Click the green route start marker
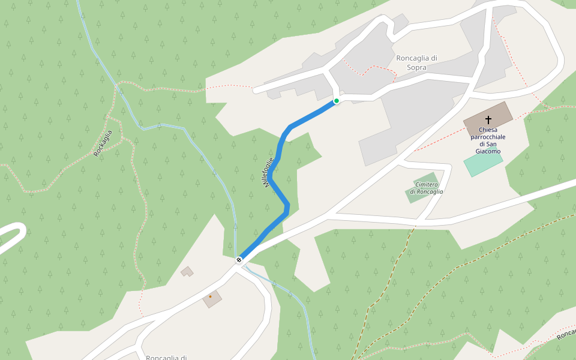tap(337, 101)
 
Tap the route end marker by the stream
tap(239, 260)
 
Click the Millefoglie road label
tap(269, 172)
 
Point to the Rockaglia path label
tap(103, 143)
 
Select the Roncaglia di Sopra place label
tap(416, 62)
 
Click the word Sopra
tap(416, 68)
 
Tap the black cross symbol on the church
tap(488, 119)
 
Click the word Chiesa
tap(488, 130)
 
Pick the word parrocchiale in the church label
tap(488, 137)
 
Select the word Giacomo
tap(488, 151)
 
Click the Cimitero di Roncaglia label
tap(426, 188)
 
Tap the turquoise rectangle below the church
tap(482, 163)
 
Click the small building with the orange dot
tap(212, 298)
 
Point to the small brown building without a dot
tap(188, 272)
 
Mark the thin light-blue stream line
tap(180, 127)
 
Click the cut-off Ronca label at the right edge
tap(566, 334)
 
